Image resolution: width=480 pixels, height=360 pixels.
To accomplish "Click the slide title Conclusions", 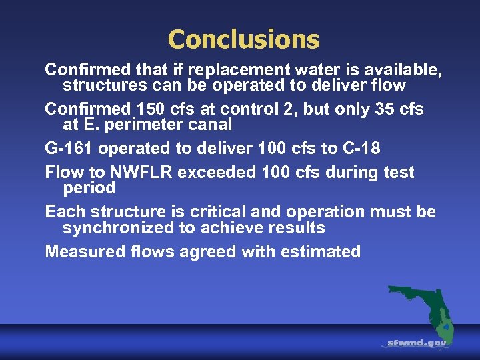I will [x=243, y=39].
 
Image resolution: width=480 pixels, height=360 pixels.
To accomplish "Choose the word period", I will [x=89, y=188].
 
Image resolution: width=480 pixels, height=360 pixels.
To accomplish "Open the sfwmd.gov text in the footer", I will [x=417, y=343].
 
